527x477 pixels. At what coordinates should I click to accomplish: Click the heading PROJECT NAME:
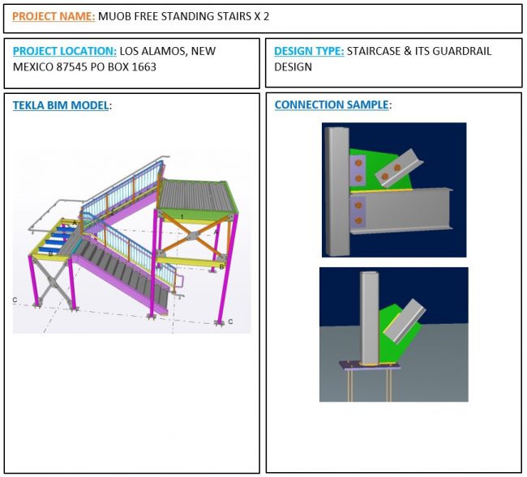point(54,16)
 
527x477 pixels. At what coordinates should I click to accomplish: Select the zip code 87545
point(71,66)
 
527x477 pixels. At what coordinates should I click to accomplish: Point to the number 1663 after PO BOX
point(144,66)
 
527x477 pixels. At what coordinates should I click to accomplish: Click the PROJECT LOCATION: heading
point(65,51)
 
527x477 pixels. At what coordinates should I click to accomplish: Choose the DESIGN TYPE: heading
point(309,51)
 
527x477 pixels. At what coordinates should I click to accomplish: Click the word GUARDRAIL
point(461,51)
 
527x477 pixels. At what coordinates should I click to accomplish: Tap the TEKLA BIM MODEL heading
point(61,105)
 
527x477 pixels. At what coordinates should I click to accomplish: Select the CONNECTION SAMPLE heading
point(332,104)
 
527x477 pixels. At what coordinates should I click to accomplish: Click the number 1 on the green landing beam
point(182,217)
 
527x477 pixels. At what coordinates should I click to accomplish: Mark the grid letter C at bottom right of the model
point(230,322)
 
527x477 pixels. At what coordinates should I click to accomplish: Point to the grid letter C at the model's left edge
point(15,300)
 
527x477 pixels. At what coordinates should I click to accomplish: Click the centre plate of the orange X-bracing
point(191,236)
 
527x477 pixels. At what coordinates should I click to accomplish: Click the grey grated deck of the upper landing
point(195,196)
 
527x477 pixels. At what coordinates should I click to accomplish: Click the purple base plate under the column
point(370,365)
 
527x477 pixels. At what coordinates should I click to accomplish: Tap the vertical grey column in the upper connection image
point(336,191)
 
